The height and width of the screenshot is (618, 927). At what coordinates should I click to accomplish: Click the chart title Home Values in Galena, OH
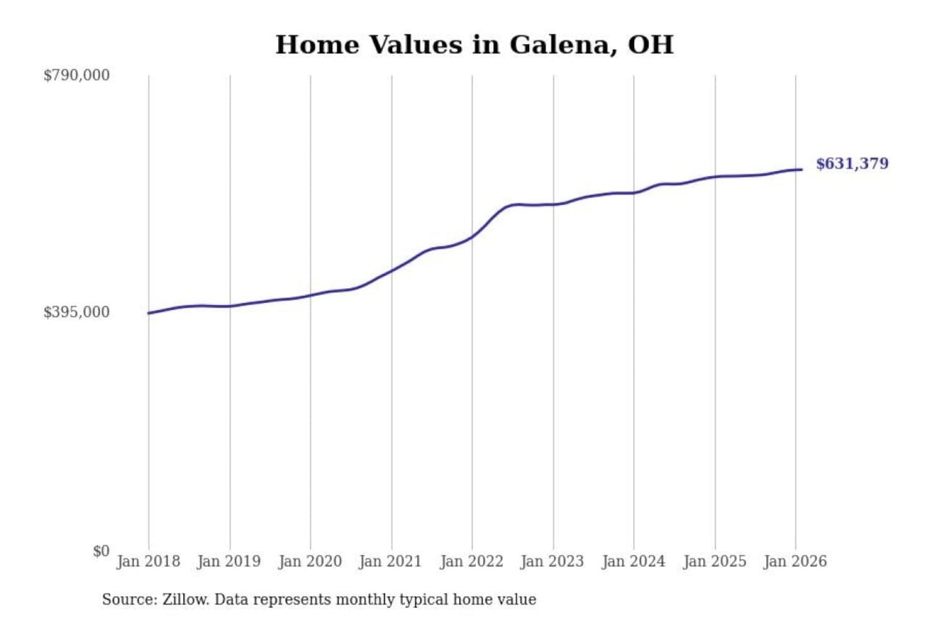474,45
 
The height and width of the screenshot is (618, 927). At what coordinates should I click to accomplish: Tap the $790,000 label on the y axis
77,75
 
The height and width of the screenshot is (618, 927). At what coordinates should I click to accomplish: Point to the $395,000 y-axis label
77,312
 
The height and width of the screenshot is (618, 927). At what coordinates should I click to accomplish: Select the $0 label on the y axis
101,551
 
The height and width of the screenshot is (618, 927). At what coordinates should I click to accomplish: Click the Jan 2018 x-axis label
148,561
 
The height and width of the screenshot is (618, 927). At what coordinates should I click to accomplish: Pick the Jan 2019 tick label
229,561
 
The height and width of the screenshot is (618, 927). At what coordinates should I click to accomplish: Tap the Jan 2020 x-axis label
310,561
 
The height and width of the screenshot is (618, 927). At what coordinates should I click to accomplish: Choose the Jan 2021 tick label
390,561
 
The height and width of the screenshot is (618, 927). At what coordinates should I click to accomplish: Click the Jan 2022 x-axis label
471,561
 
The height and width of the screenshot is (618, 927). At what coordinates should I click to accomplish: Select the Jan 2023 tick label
552,561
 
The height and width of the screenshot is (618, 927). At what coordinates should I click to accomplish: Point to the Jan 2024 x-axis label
633,561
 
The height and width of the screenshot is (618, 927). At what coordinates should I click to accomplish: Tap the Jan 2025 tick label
715,561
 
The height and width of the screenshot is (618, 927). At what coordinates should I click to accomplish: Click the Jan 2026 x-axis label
795,561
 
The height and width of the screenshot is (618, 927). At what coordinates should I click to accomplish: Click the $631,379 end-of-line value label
852,164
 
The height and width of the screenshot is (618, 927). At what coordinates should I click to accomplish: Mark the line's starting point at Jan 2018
149,313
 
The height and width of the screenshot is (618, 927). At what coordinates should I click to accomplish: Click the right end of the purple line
801,169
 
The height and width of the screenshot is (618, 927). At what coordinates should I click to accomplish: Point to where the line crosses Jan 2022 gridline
472,237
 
